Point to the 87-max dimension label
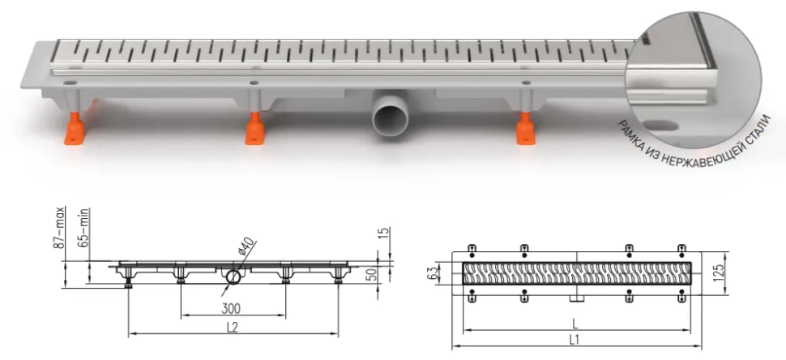click(60, 227)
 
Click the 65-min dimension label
click(83, 227)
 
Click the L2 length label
click(232, 328)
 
